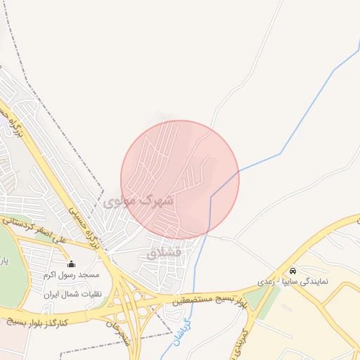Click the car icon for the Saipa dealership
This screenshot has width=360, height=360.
coord(292,271)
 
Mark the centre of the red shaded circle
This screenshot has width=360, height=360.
coord(180,180)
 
